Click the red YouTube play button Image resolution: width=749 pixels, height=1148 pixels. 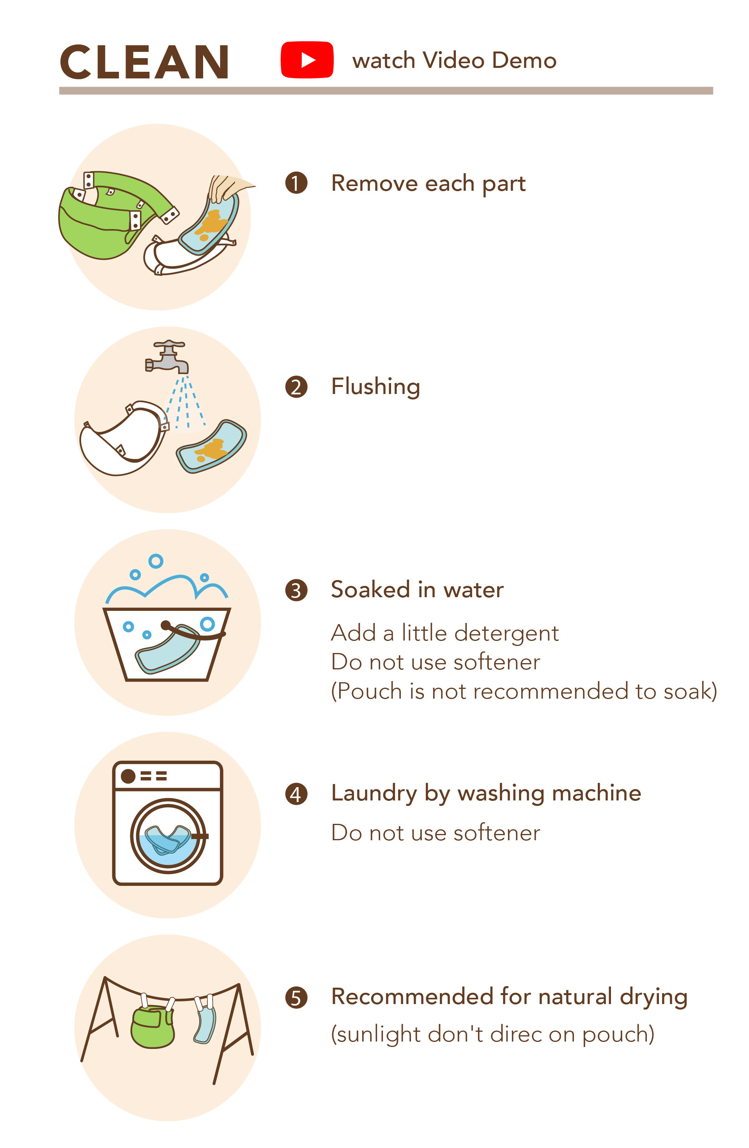[307, 60]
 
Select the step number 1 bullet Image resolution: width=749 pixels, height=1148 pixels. [296, 183]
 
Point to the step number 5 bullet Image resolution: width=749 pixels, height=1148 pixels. [296, 997]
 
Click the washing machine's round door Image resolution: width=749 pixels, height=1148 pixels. [168, 836]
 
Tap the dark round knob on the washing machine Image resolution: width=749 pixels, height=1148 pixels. [128, 776]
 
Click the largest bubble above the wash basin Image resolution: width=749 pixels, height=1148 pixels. [156, 561]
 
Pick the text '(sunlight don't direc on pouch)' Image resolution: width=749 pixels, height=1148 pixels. [492, 1036]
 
